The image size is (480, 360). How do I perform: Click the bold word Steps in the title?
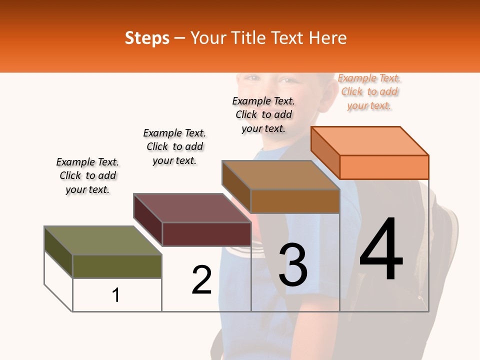click(x=147, y=38)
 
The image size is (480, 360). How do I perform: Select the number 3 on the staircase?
click(x=293, y=265)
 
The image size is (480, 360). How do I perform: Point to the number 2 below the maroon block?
click(x=202, y=280)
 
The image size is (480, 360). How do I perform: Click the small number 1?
click(x=116, y=295)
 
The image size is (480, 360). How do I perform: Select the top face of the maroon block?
click(x=192, y=208)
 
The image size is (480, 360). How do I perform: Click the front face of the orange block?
click(x=384, y=167)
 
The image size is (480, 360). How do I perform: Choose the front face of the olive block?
click(x=117, y=266)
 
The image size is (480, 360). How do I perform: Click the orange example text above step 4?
click(x=369, y=92)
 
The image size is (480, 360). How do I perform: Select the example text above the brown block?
click(x=263, y=114)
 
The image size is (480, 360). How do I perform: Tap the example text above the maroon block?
click(x=174, y=146)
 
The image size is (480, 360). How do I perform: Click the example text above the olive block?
click(x=87, y=175)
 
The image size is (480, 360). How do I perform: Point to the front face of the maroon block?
click(x=206, y=234)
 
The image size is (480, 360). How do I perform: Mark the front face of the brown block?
click(x=295, y=201)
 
